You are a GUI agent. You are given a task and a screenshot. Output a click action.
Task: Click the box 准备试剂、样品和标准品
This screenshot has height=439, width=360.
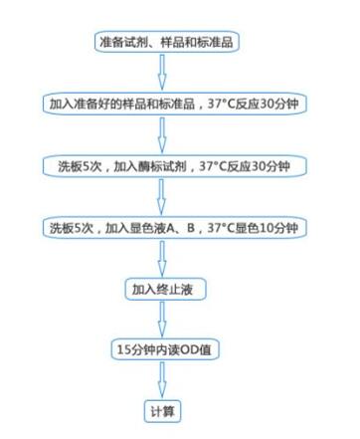[166, 43]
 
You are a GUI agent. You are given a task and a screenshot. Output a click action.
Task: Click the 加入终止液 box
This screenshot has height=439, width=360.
[166, 289]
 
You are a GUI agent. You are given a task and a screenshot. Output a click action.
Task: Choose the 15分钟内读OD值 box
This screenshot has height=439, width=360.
[166, 349]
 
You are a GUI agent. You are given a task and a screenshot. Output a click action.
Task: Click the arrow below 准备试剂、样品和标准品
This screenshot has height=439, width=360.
[166, 74]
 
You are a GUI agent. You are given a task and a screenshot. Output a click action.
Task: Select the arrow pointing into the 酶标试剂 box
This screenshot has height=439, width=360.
[166, 135]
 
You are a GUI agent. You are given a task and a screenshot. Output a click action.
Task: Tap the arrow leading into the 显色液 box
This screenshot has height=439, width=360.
[166, 196]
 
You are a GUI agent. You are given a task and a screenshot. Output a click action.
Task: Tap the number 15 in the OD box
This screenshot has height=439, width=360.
[125, 349]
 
